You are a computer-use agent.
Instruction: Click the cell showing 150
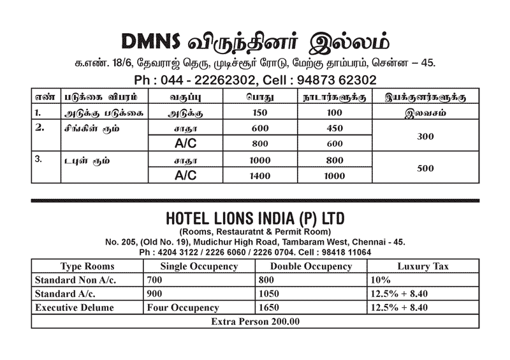[x=258, y=113]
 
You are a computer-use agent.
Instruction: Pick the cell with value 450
[x=334, y=128]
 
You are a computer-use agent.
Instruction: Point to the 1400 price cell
[x=258, y=175]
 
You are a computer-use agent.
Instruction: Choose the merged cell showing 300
[x=425, y=136]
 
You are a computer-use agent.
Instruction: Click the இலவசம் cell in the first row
[x=425, y=113]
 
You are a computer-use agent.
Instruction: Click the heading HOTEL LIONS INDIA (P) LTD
[x=255, y=219]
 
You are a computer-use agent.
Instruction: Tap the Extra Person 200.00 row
[x=255, y=321]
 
